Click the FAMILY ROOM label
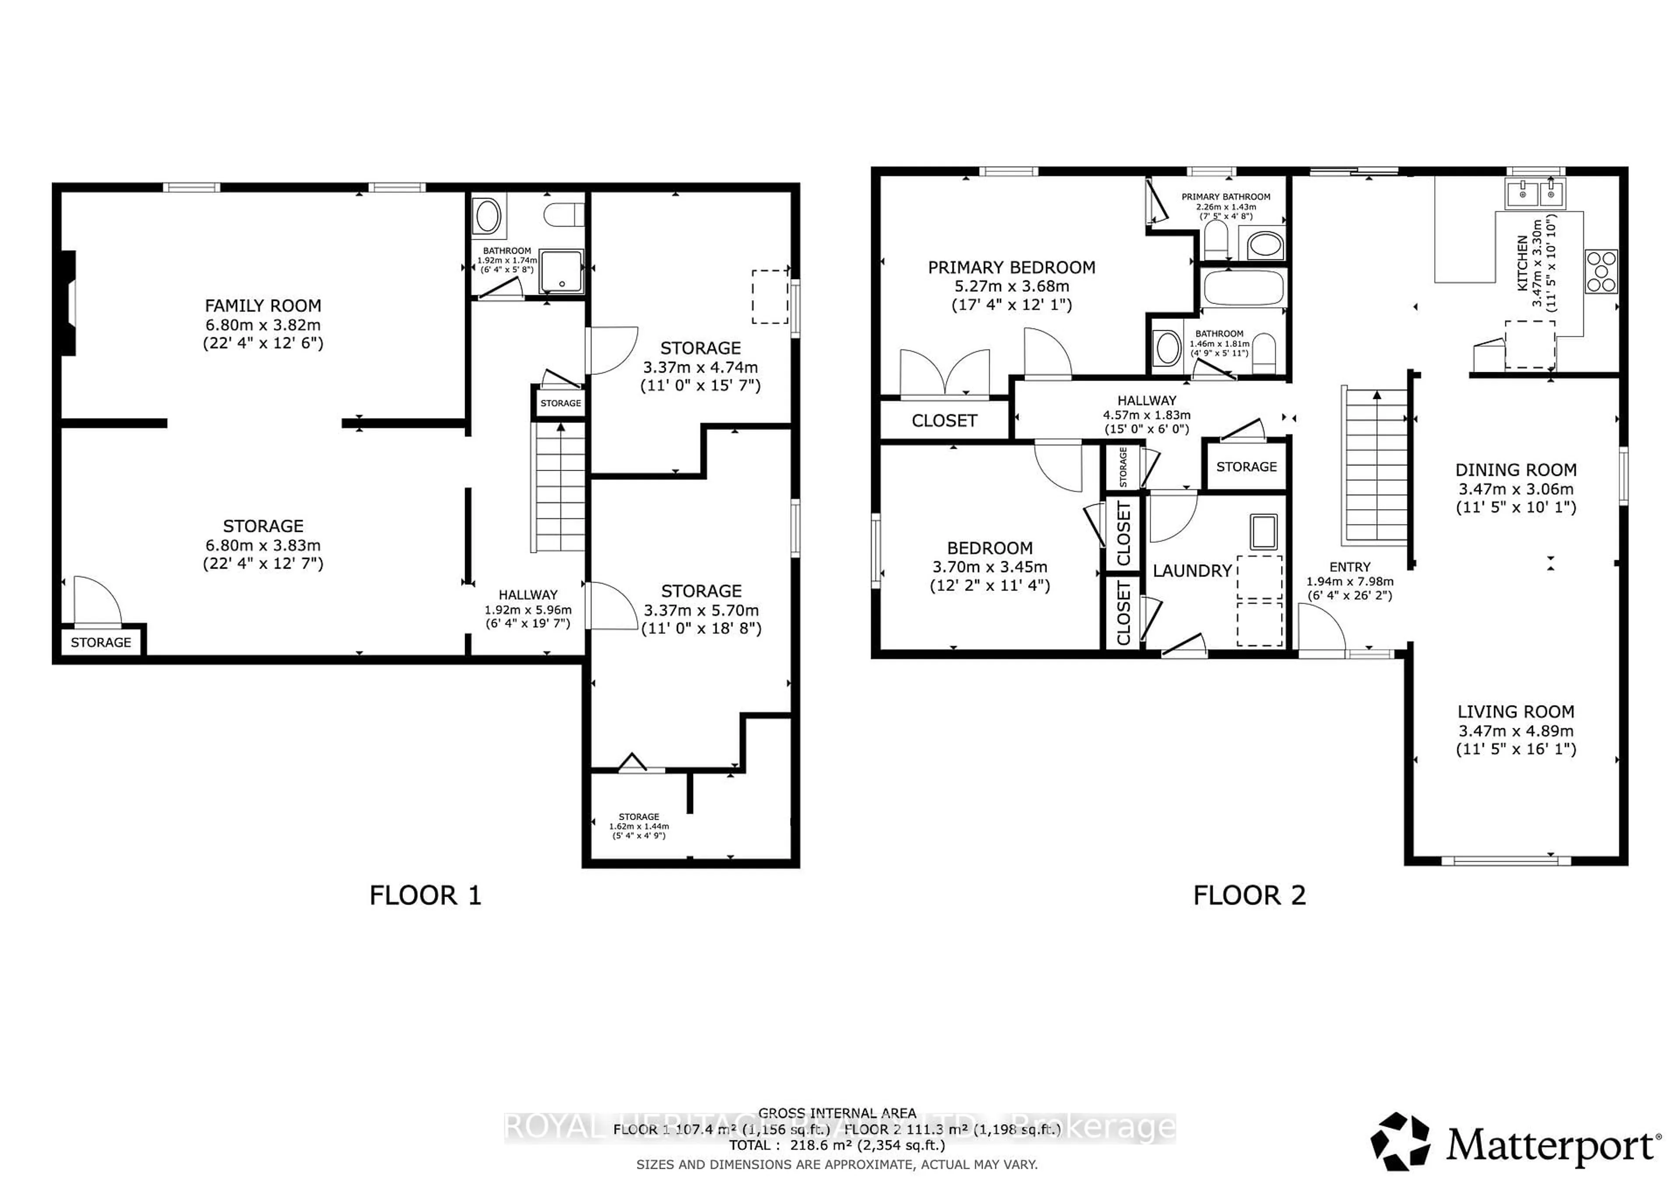[x=262, y=306]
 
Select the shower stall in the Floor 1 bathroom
[x=561, y=271]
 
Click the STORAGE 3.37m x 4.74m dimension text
[x=700, y=367]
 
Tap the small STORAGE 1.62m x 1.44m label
[x=639, y=826]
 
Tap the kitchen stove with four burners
[x=1600, y=271]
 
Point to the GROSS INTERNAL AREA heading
[x=836, y=1113]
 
